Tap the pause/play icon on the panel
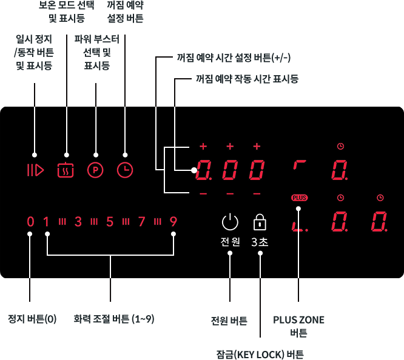[x=36, y=170]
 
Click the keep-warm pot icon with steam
[x=66, y=170]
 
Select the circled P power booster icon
[x=95, y=170]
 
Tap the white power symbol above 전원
[x=230, y=222]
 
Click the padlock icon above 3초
[x=260, y=222]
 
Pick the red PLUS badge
[x=300, y=198]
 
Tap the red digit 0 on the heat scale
[x=30, y=222]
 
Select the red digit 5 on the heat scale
[x=110, y=222]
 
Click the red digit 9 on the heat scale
[x=173, y=222]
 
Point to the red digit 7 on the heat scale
[x=142, y=222]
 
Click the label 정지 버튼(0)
[x=32, y=319]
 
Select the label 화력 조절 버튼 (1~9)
[x=114, y=319]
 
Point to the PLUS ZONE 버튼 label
[x=298, y=326]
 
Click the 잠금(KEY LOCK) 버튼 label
[x=260, y=355]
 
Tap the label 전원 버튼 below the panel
[x=229, y=321]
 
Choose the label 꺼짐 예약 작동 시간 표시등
[x=247, y=79]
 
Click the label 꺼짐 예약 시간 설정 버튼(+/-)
[x=234, y=58]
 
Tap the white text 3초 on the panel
[x=260, y=242]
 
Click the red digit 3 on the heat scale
[x=78, y=222]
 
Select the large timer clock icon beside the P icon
[x=125, y=170]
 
